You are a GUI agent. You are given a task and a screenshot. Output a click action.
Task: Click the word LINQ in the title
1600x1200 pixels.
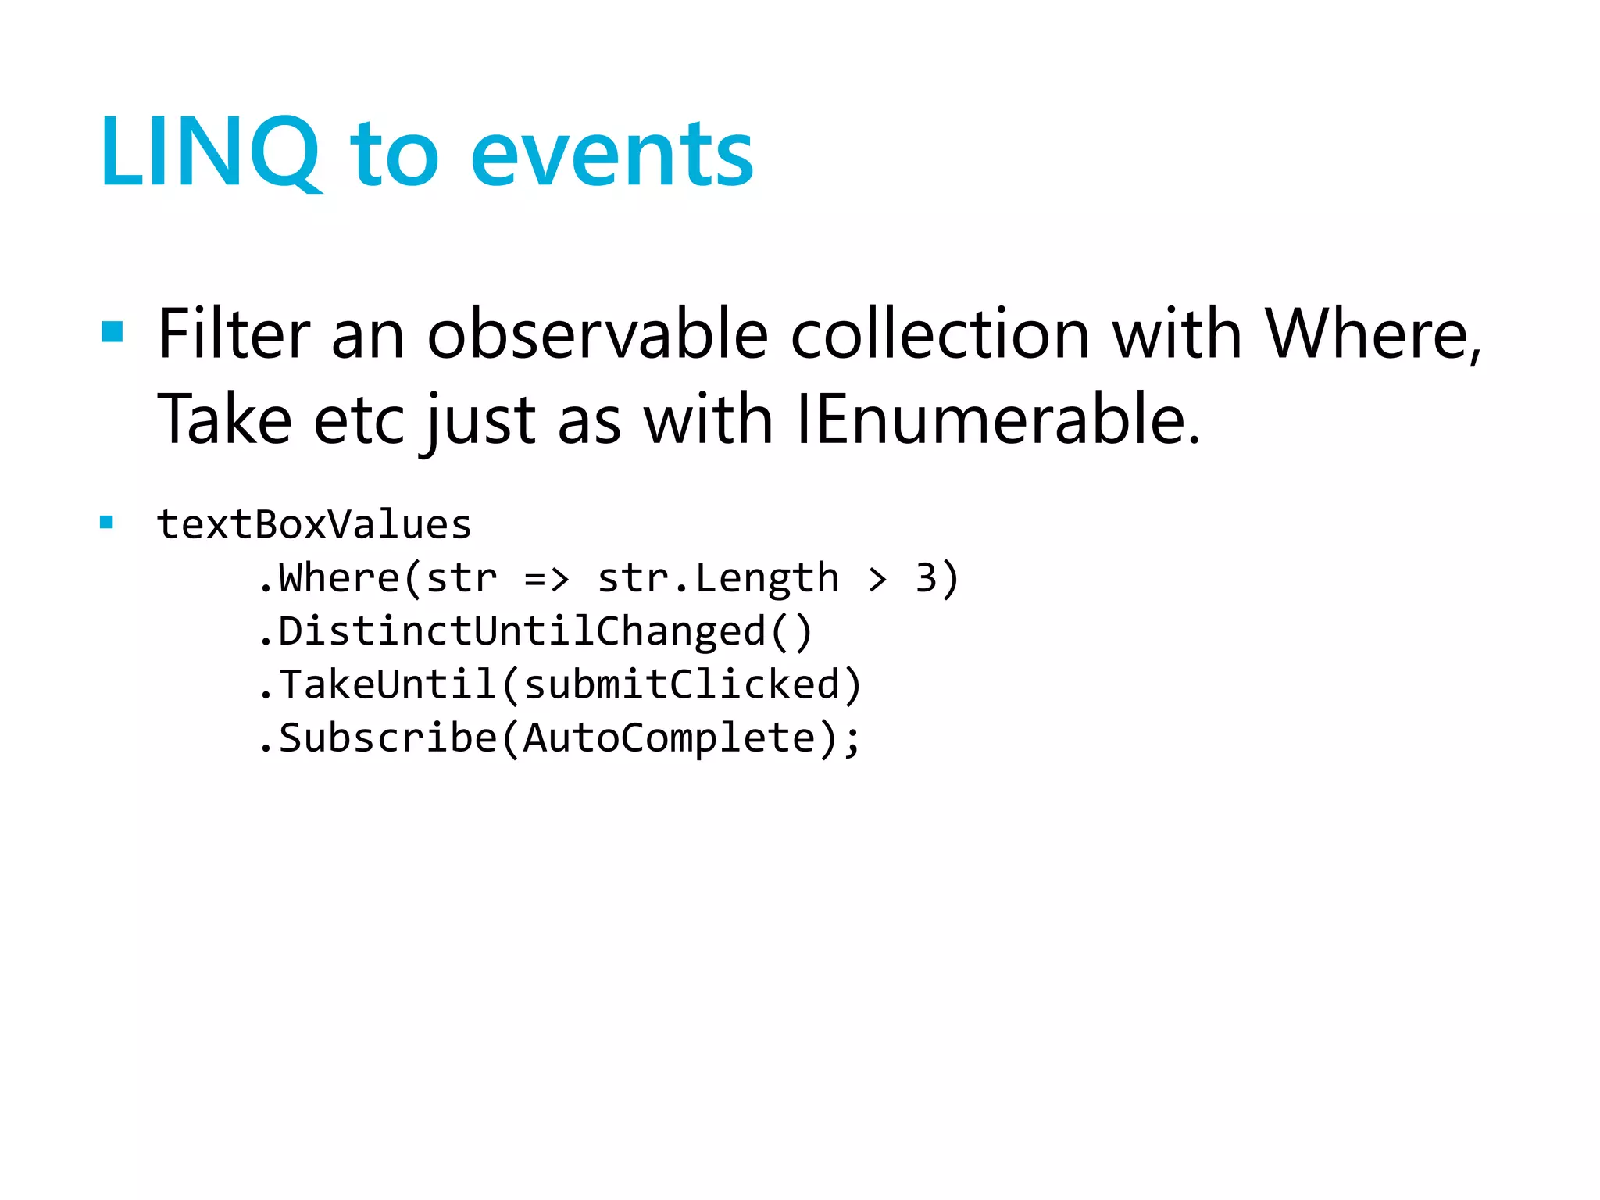pos(209,152)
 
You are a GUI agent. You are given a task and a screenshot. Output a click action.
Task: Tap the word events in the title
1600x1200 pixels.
pos(612,156)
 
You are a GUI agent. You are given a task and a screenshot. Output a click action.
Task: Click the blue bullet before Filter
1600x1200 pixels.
pos(112,332)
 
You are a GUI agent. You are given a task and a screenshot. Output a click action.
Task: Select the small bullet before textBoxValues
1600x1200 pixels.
pos(107,523)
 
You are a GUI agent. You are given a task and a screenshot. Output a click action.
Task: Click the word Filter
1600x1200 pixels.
pos(234,334)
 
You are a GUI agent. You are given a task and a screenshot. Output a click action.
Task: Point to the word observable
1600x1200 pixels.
pos(598,334)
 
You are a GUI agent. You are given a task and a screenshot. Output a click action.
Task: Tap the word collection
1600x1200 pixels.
pos(940,334)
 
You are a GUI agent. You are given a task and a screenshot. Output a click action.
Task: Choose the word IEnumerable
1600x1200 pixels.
pos(997,420)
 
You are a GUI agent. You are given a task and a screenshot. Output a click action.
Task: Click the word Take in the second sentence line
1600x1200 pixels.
pos(225,420)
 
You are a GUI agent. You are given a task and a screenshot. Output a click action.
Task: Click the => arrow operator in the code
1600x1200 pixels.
pos(547,579)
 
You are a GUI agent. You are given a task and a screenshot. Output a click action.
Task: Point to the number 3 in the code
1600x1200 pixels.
pos(926,579)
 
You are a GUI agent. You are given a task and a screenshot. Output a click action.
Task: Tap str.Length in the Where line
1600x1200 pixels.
pos(718,579)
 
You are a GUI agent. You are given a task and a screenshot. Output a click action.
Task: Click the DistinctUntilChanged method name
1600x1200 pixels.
pos(522,631)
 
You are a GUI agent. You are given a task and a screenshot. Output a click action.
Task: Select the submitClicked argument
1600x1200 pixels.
pos(680,684)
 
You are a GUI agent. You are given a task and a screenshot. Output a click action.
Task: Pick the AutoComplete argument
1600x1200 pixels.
pos(670,738)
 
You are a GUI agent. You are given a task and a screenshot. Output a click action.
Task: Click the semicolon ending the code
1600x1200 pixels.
pos(852,740)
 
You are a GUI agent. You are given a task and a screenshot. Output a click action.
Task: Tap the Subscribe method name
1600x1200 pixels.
pos(387,738)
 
